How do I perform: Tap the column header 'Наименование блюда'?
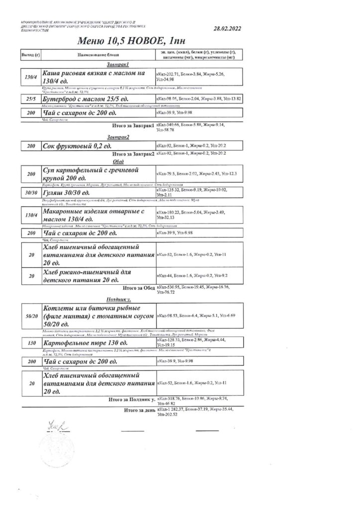tap(97, 54)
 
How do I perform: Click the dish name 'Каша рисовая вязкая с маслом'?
tap(94, 77)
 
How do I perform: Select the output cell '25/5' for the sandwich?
tap(30, 99)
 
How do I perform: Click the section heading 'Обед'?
tap(118, 162)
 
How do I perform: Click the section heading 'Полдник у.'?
tap(118, 300)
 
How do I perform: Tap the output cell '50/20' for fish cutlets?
tap(30, 316)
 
